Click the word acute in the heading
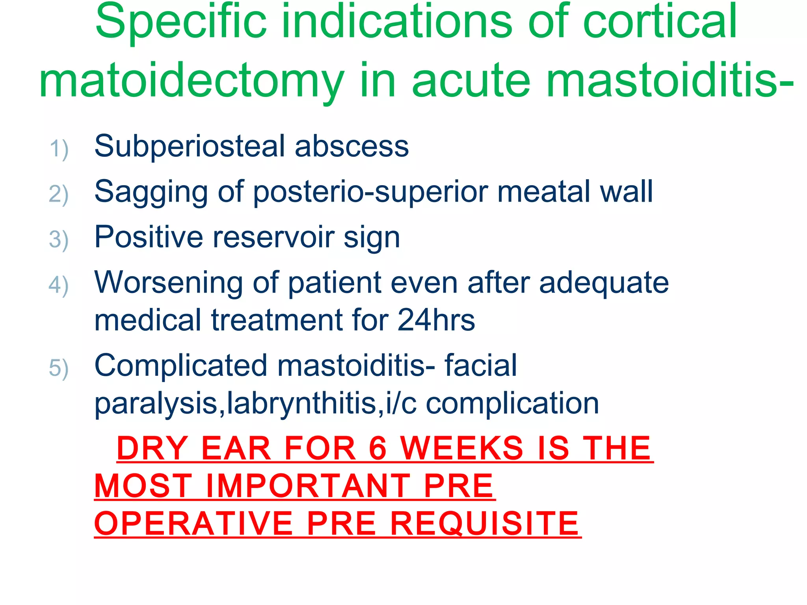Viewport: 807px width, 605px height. click(471, 81)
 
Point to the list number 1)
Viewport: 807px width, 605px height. click(59, 149)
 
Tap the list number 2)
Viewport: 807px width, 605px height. click(59, 195)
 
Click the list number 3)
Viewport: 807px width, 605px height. click(59, 240)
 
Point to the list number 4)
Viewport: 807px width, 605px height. click(59, 286)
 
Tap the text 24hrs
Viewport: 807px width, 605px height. click(436, 320)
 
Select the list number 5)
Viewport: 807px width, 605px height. click(59, 369)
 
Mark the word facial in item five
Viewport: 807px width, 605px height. click(481, 366)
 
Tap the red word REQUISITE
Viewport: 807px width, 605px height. click(484, 524)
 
